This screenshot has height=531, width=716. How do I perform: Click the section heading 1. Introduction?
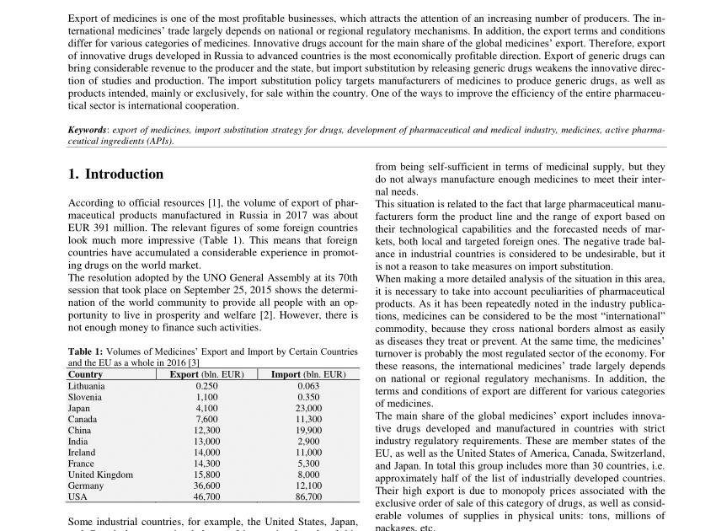pyautogui.click(x=115, y=174)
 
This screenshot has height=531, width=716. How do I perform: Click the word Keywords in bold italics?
pyautogui.click(x=87, y=131)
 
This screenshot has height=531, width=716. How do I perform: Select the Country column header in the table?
pyautogui.click(x=85, y=374)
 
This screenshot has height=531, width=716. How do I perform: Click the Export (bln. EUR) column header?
pyautogui.click(x=206, y=374)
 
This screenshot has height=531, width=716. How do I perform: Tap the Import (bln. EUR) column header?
pyautogui.click(x=308, y=374)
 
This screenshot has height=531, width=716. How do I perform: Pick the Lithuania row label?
pyautogui.click(x=87, y=386)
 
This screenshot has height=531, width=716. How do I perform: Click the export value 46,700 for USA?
pyautogui.click(x=206, y=496)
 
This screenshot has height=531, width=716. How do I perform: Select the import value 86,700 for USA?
pyautogui.click(x=308, y=496)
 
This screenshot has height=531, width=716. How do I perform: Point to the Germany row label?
pyautogui.click(x=86, y=485)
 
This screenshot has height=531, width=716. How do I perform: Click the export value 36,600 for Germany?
pyautogui.click(x=206, y=485)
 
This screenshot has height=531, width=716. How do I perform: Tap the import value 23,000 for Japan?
pyautogui.click(x=308, y=408)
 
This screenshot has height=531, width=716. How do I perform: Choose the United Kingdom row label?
pyautogui.click(x=100, y=475)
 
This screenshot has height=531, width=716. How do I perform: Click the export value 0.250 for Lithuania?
pyautogui.click(x=206, y=386)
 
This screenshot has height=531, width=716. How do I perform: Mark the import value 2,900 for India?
pyautogui.click(x=308, y=441)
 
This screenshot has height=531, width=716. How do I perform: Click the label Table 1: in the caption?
pyautogui.click(x=87, y=352)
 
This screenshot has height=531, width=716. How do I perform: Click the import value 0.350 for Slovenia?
pyautogui.click(x=308, y=397)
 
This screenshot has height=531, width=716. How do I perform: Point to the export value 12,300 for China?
pyautogui.click(x=206, y=430)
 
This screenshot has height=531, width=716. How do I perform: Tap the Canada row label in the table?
pyautogui.click(x=83, y=419)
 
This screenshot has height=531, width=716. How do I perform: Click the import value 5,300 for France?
pyautogui.click(x=308, y=464)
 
